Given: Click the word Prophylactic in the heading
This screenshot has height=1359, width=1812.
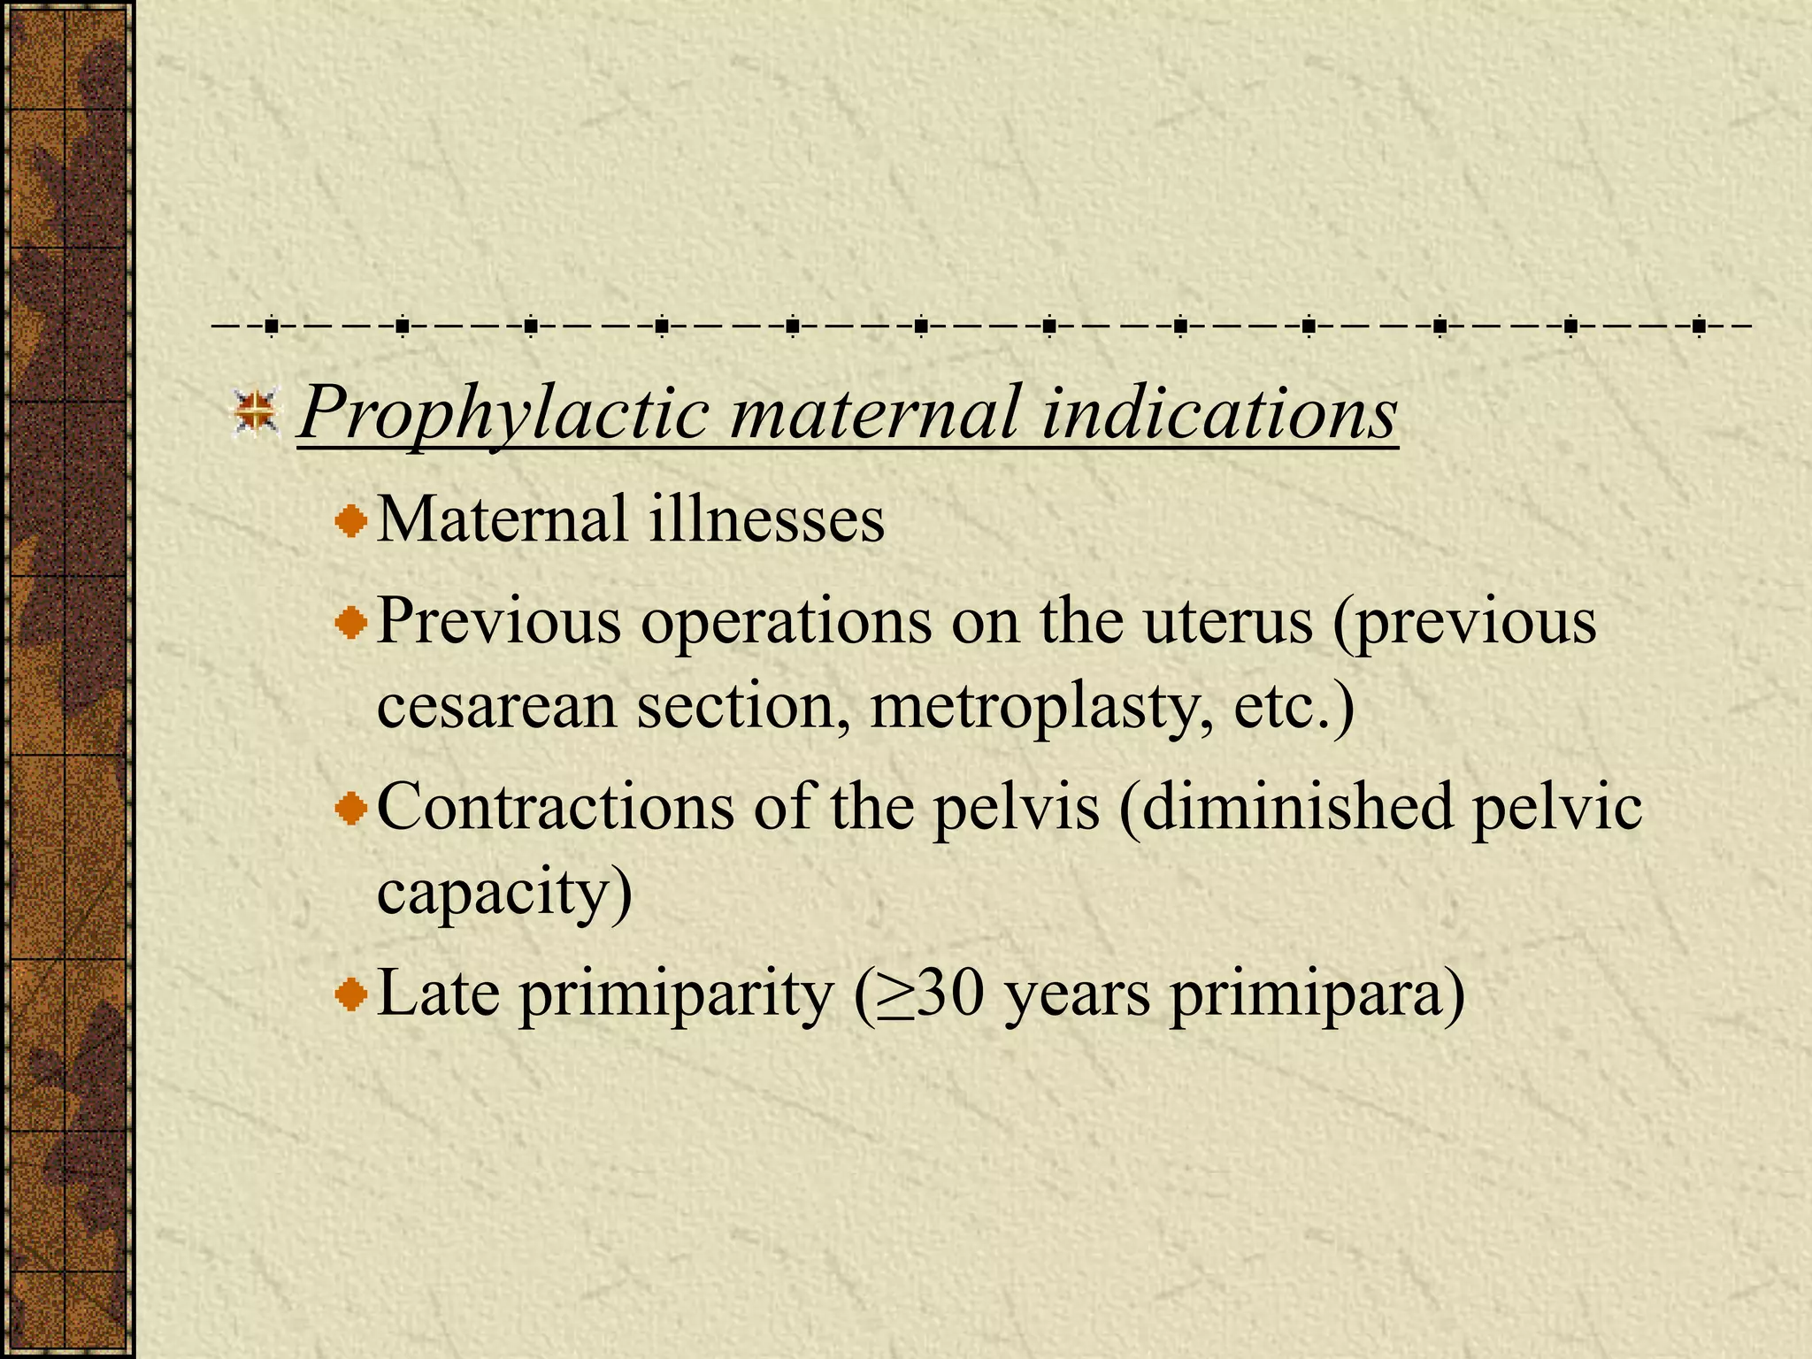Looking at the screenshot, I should [503, 414].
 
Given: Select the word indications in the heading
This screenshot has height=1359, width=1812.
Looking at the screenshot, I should [1218, 414].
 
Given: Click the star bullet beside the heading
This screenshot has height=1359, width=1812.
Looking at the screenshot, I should [256, 412].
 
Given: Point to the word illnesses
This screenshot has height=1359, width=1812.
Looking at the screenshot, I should [766, 520].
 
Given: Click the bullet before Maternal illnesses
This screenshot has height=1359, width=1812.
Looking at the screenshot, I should [351, 520].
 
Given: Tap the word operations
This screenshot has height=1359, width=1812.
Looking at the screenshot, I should [786, 623].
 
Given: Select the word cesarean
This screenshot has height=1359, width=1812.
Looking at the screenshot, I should [496, 708].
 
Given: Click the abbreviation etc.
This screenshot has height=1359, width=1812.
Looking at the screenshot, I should [1294, 708].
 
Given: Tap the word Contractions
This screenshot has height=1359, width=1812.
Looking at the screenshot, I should [555, 807].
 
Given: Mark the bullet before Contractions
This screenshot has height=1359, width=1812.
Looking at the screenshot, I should [351, 810].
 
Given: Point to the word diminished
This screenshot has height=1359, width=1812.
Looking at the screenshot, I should [1286, 807].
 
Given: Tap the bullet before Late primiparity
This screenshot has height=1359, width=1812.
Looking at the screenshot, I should [351, 995].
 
